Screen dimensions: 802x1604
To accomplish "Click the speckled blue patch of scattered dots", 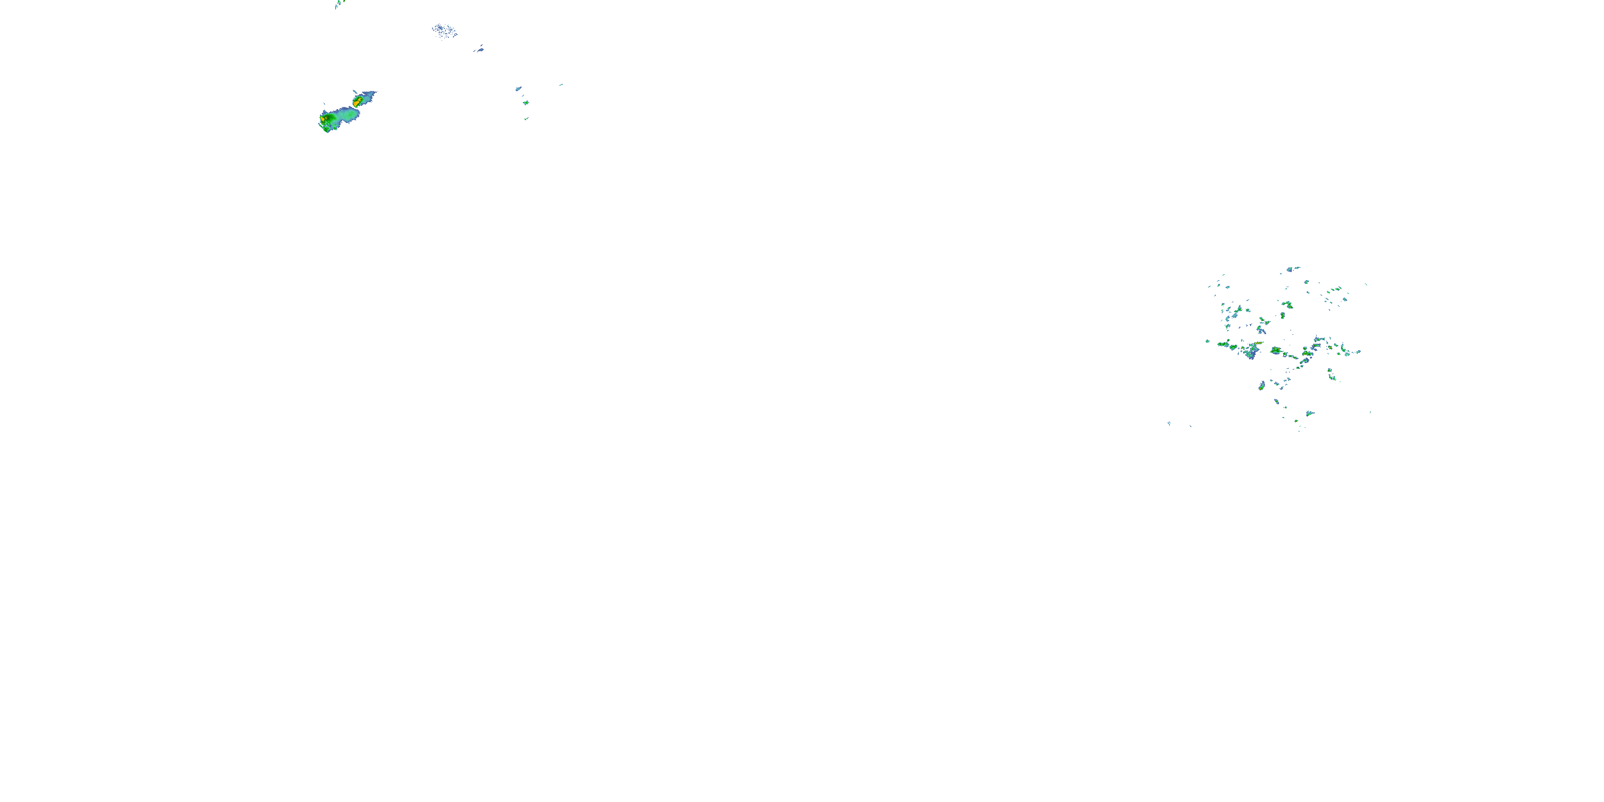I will (x=444, y=30).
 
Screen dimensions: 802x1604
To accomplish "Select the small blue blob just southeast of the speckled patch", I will (x=479, y=49).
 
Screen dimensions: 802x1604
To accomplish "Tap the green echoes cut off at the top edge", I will (x=340, y=3).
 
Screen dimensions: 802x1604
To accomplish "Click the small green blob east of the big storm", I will (x=526, y=102).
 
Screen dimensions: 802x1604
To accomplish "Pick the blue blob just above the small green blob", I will (x=518, y=89).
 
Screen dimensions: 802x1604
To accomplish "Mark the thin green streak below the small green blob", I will (x=526, y=118).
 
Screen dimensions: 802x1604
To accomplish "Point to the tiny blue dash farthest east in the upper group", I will (x=561, y=84).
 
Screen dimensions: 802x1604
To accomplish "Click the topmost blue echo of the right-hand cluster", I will (x=1293, y=269).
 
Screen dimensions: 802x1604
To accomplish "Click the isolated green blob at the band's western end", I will (x=1207, y=341).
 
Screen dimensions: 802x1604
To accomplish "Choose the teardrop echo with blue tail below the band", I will (x=1261, y=386).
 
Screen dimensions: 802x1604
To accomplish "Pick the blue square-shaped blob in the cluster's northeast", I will (x=1344, y=299).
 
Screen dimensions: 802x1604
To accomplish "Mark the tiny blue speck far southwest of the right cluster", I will (x=1169, y=423).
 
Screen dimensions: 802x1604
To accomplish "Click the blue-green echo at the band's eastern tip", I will (x=1358, y=352).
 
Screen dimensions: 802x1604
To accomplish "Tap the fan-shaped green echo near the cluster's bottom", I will (x=1309, y=413).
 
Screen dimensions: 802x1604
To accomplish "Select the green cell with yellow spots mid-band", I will (x=1276, y=351).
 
